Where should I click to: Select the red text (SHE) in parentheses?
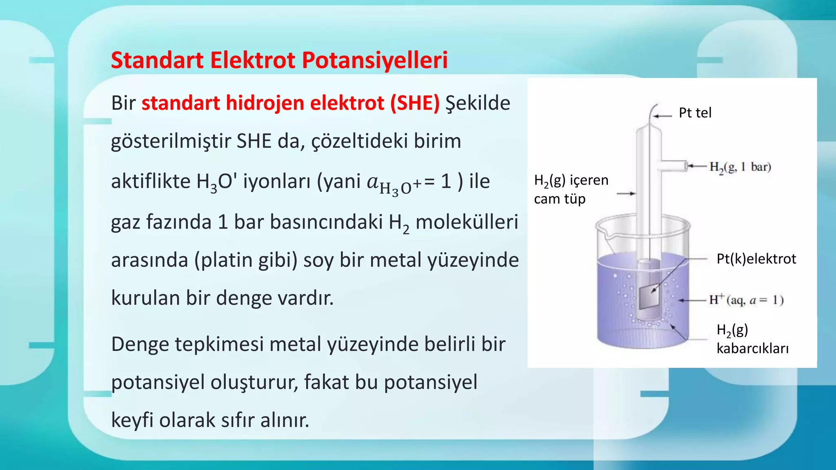[415, 103]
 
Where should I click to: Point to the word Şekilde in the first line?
[478, 103]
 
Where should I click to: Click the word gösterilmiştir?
[171, 142]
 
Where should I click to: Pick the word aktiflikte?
[151, 181]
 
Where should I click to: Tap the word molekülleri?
[467, 222]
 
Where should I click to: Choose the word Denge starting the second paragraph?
[140, 344]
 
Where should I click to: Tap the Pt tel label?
[695, 113]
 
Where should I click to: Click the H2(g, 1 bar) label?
[740, 167]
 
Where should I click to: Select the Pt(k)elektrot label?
[756, 259]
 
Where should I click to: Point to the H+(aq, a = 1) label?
[746, 300]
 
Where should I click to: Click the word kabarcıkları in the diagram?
[752, 348]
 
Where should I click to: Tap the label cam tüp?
[560, 199]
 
